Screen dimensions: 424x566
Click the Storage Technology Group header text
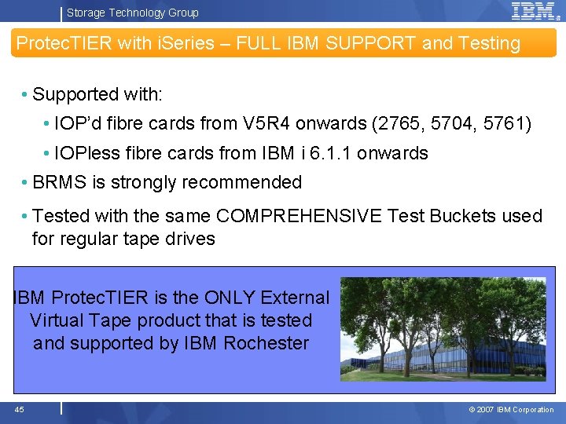[132, 13]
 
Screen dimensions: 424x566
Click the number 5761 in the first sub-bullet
[510, 124]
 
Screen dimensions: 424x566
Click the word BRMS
[60, 182]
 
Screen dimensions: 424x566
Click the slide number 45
[19, 409]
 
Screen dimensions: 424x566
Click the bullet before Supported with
[26, 95]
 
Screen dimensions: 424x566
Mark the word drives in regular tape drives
[189, 239]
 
